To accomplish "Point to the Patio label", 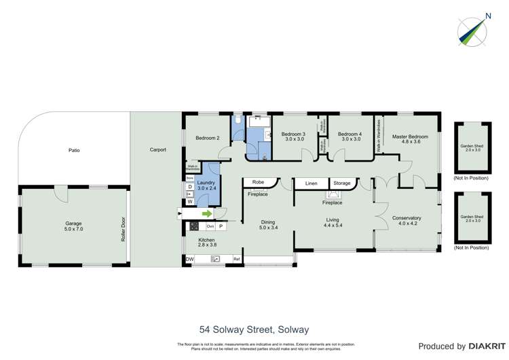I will pyautogui.click(x=74, y=150).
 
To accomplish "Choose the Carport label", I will pyautogui.click(x=158, y=149).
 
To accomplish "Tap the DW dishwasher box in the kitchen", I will pyautogui.click(x=189, y=259).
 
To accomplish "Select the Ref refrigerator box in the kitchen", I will pyautogui.click(x=237, y=259).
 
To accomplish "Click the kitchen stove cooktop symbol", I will pyautogui.click(x=194, y=226).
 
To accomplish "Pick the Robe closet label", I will pyautogui.click(x=258, y=182).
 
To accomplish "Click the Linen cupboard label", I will pyautogui.click(x=311, y=183).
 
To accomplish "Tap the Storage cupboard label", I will pyautogui.click(x=342, y=183).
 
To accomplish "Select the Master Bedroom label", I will pyautogui.click(x=410, y=137).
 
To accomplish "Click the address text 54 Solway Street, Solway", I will pyautogui.click(x=254, y=329).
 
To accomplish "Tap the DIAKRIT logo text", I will pyautogui.click(x=478, y=346).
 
